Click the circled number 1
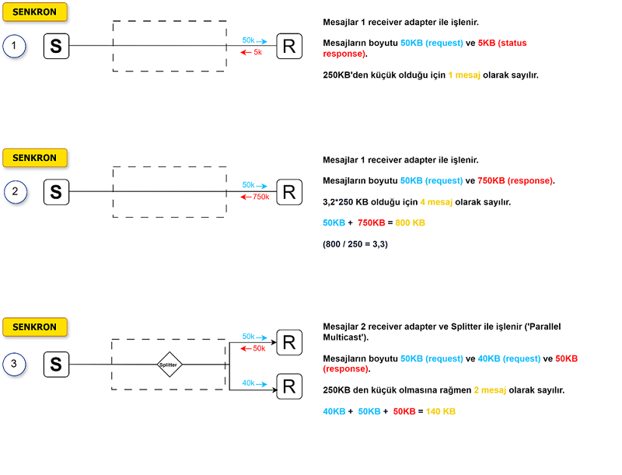click(14, 47)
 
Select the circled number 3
click(14, 362)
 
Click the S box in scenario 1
click(56, 47)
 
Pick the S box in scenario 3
click(56, 364)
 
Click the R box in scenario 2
click(289, 192)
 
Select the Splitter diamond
click(169, 364)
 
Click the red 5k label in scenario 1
click(257, 52)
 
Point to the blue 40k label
click(249, 382)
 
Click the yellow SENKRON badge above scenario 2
click(35, 158)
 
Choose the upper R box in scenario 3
click(289, 342)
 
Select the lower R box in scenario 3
click(289, 386)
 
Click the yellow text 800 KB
click(410, 223)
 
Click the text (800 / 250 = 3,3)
click(355, 244)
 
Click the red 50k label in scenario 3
click(259, 348)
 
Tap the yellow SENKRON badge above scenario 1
click(35, 12)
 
